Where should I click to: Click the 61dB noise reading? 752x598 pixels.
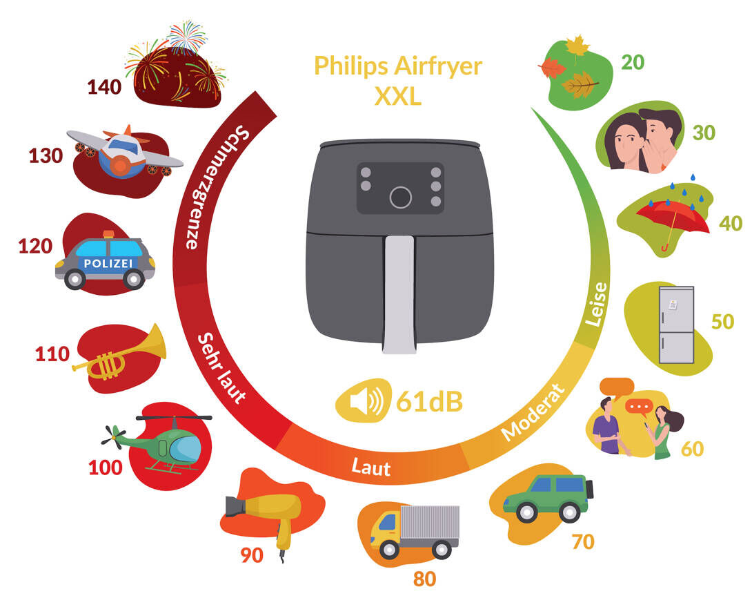pos(428,401)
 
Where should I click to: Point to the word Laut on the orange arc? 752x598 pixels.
pos(371,467)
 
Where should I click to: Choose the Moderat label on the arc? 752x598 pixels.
pos(533,413)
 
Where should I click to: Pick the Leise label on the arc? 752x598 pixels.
pos(595,304)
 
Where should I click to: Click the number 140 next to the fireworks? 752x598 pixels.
pos(104,87)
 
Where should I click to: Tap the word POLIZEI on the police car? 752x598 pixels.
pos(108,263)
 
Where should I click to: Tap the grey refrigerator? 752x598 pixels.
pos(676,325)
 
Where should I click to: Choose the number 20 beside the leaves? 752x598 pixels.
pos(632,63)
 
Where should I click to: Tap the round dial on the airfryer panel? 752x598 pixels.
pos(400,197)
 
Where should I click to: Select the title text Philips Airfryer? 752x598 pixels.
pos(398,66)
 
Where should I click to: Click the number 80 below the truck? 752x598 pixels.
pos(424,578)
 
